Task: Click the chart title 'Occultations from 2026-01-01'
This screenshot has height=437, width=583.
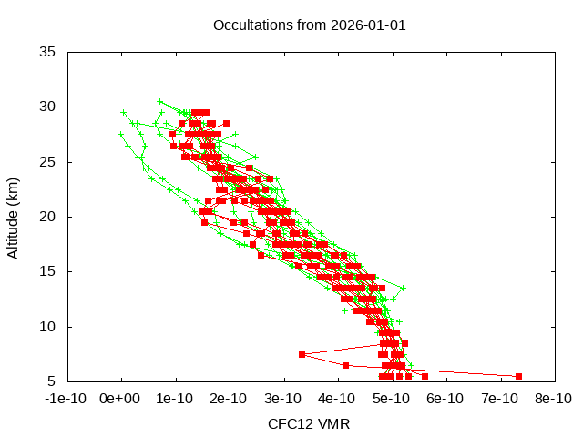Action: [309, 25]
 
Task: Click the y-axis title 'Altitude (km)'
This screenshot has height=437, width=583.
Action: [13, 217]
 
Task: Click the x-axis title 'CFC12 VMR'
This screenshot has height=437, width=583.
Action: [309, 424]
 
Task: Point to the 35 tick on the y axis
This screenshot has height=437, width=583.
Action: [48, 52]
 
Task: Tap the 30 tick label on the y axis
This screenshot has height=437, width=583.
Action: [48, 107]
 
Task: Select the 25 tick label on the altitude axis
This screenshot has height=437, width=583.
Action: [48, 162]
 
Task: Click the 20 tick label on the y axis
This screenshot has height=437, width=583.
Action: [48, 217]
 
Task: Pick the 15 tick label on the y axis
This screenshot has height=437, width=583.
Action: [48, 271]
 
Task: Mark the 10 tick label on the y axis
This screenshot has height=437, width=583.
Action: [48, 326]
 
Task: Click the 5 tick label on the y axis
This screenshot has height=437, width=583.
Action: [53, 381]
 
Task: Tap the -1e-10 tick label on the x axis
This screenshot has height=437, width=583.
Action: [67, 399]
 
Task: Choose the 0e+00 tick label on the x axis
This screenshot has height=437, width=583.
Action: [121, 399]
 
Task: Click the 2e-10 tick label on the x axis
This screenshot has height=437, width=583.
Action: [230, 399]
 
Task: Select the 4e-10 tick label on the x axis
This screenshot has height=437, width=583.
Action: [337, 399]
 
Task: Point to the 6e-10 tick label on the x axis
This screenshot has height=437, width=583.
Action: [445, 399]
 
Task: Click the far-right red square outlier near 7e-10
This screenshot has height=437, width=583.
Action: [518, 376]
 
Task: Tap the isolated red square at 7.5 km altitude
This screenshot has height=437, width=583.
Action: [302, 354]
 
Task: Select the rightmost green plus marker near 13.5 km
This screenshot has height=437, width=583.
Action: [403, 288]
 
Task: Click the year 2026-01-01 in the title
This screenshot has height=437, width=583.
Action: [369, 25]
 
